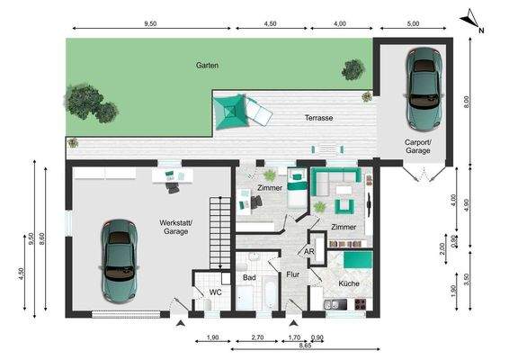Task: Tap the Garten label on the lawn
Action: pos(209,66)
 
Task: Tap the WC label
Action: pos(216,292)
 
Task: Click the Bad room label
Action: pos(249,278)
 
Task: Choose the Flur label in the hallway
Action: pos(292,274)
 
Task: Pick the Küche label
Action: pos(349,283)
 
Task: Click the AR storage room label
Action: pos(309,253)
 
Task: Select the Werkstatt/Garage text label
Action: pos(174,226)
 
